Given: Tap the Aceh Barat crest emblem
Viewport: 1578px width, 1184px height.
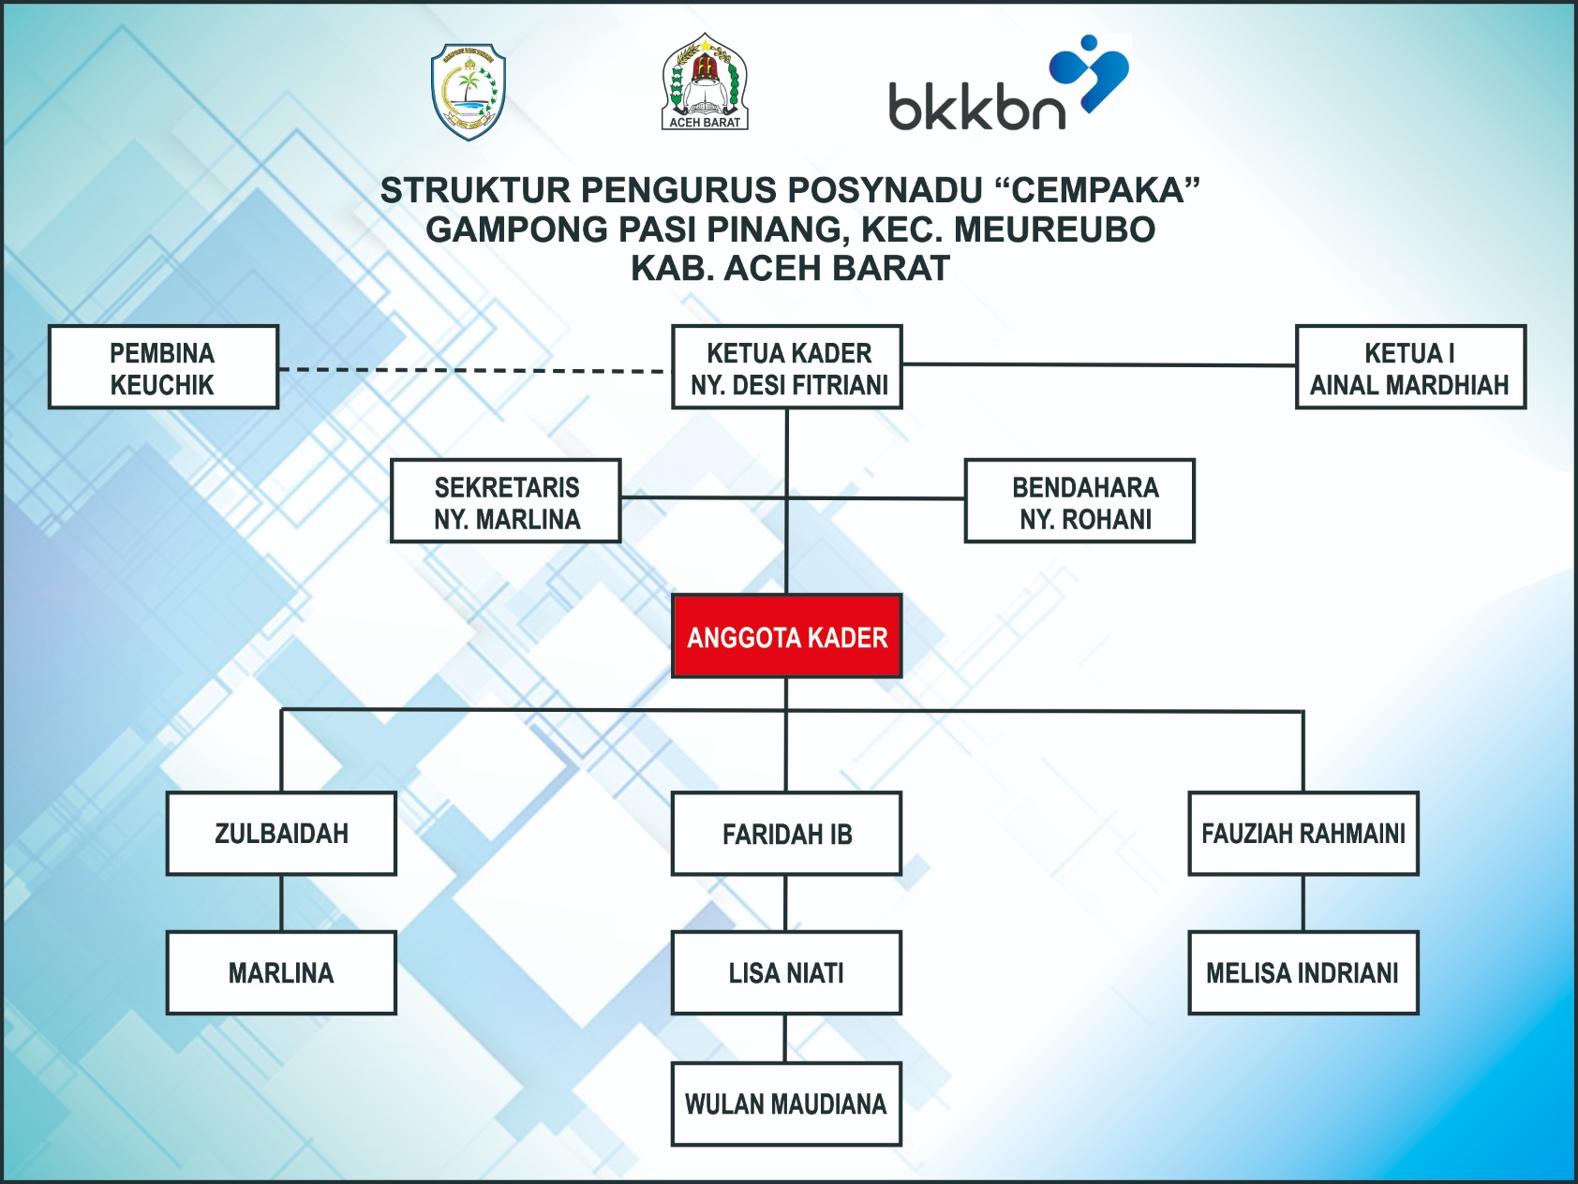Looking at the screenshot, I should click(705, 82).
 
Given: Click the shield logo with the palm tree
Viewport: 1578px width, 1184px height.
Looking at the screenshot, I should click(468, 92).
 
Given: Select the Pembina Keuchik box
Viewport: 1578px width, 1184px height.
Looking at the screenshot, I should click(163, 367).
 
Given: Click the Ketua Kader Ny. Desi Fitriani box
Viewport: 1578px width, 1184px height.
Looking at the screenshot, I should click(787, 367).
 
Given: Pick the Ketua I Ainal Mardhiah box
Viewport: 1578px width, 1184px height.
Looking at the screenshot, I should click(1410, 367).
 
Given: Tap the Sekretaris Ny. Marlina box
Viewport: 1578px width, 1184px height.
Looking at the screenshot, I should click(506, 501).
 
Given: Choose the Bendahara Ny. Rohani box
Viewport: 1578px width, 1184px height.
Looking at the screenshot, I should click(1079, 501).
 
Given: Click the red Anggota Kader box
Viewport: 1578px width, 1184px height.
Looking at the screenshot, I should click(787, 636).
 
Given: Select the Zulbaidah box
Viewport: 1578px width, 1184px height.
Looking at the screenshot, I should click(281, 834).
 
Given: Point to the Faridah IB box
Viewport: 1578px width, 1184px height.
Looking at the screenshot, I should click(787, 834).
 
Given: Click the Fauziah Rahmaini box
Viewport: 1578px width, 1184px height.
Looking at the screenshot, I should click(1303, 834).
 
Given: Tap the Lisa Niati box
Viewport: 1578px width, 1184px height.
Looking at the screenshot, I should click(787, 973).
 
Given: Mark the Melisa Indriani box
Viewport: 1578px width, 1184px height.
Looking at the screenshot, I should click(1303, 973).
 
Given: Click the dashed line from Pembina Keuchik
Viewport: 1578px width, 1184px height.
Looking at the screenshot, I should click(474, 370).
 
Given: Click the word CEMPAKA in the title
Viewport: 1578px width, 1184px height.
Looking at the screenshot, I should click(1097, 190).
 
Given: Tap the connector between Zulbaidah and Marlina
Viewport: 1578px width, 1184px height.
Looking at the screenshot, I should click(281, 903).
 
